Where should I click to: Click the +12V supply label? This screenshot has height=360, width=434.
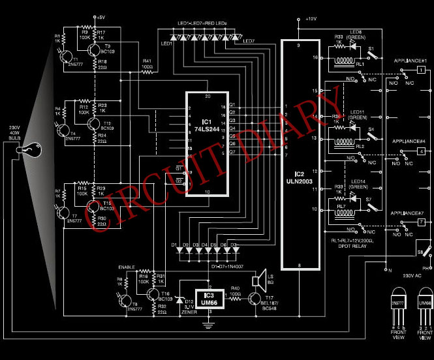coord(310,19)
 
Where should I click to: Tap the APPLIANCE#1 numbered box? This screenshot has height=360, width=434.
coord(422,70)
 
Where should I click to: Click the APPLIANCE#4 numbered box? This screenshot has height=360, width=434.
coord(422,151)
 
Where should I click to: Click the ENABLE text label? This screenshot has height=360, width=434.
coord(127,267)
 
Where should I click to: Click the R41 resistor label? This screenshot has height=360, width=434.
coord(147,62)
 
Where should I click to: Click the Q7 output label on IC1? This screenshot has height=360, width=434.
coord(232,151)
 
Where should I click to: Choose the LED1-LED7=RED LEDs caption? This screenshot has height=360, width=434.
coord(202,23)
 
